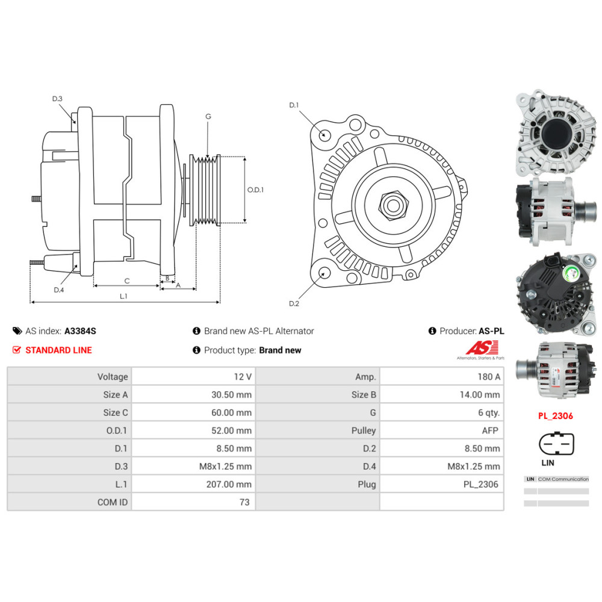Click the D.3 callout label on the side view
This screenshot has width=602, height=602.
coord(57,99)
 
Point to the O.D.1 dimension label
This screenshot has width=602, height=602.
coord(256,190)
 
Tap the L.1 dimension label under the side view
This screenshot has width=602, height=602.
coord(123,296)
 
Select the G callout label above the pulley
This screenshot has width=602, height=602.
coord(208,116)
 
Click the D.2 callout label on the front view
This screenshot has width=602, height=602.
coord(294,303)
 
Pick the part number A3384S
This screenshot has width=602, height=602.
coord(80,330)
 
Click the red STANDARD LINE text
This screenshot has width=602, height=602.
coord(58,350)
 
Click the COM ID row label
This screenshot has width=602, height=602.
coord(113,502)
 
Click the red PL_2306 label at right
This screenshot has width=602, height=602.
coord(555,415)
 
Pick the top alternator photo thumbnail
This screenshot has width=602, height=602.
coord(555,132)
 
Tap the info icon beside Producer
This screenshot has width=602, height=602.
coord(432,330)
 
